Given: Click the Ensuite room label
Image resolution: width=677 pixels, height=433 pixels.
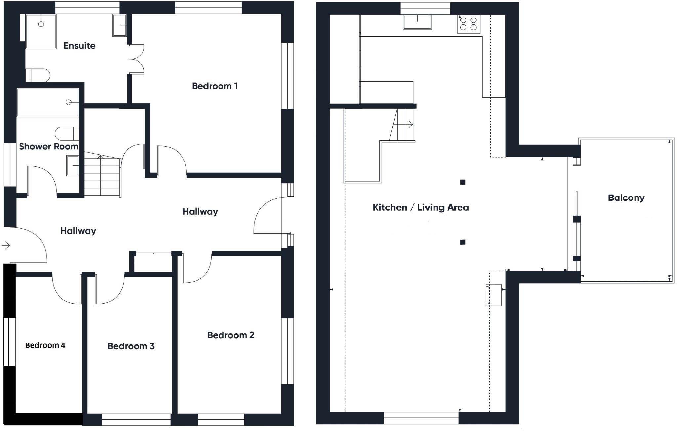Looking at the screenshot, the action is coord(79,46).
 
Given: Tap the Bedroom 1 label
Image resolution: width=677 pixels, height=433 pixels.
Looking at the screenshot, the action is coord(215,86).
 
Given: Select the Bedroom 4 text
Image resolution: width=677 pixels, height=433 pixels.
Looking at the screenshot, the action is coord(45,345).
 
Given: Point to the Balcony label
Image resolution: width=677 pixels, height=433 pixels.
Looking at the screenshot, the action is coord(626,198).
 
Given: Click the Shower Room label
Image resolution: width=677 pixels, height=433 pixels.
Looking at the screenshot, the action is coord(49,146).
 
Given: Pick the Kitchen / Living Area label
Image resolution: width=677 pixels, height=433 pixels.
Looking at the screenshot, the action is coord(420,208).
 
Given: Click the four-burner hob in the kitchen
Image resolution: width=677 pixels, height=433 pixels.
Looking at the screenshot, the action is coord(468,24).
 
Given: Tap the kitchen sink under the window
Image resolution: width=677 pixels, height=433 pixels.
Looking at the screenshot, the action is coord(417,22).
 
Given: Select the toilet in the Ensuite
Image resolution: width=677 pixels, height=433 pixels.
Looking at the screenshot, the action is coord(37,75).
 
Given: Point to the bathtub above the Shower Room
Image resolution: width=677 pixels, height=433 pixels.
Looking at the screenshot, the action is coord(48,102).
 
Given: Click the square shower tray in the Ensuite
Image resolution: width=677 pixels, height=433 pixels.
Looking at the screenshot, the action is coord(41,31).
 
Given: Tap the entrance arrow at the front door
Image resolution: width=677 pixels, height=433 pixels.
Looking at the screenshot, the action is coord(6,245).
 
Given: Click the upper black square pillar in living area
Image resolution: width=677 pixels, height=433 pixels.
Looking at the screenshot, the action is coord(463,182).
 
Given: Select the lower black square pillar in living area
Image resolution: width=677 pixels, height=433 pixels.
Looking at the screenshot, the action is coord(463,242).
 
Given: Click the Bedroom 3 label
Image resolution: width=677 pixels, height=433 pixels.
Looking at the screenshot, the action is coord(131,346).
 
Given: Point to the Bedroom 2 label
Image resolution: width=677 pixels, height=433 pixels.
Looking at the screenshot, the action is coord(230,335).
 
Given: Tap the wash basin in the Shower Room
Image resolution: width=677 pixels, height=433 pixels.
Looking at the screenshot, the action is coord(72,165).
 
